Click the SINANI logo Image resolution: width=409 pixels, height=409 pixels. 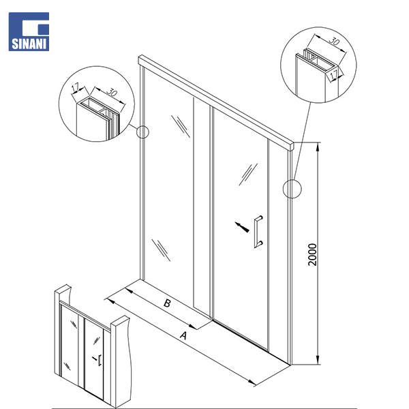tap(29, 31)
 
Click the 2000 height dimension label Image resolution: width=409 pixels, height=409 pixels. tap(312, 254)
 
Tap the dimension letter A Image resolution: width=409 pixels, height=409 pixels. tap(183, 335)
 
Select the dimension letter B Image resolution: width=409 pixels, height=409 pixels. tap(167, 303)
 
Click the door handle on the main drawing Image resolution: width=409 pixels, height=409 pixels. tap(258, 232)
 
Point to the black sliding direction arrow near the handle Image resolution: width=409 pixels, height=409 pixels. tap(242, 227)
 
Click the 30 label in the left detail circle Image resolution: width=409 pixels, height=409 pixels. tap(112, 92)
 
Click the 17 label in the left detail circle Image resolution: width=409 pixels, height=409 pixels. tap(76, 88)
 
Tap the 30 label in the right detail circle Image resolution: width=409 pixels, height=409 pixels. tap(334, 41)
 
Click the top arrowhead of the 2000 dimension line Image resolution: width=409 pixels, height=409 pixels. tap(318, 147)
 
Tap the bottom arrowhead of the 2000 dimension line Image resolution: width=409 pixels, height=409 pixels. tap(318, 360)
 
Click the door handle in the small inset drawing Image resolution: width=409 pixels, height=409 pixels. tap(100, 360)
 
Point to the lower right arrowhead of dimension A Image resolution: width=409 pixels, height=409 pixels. tap(252, 382)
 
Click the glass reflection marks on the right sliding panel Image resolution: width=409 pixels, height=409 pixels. tap(248, 175)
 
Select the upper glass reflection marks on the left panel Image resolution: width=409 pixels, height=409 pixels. tap(181, 126)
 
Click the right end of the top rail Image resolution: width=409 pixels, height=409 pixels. tap(292, 146)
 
